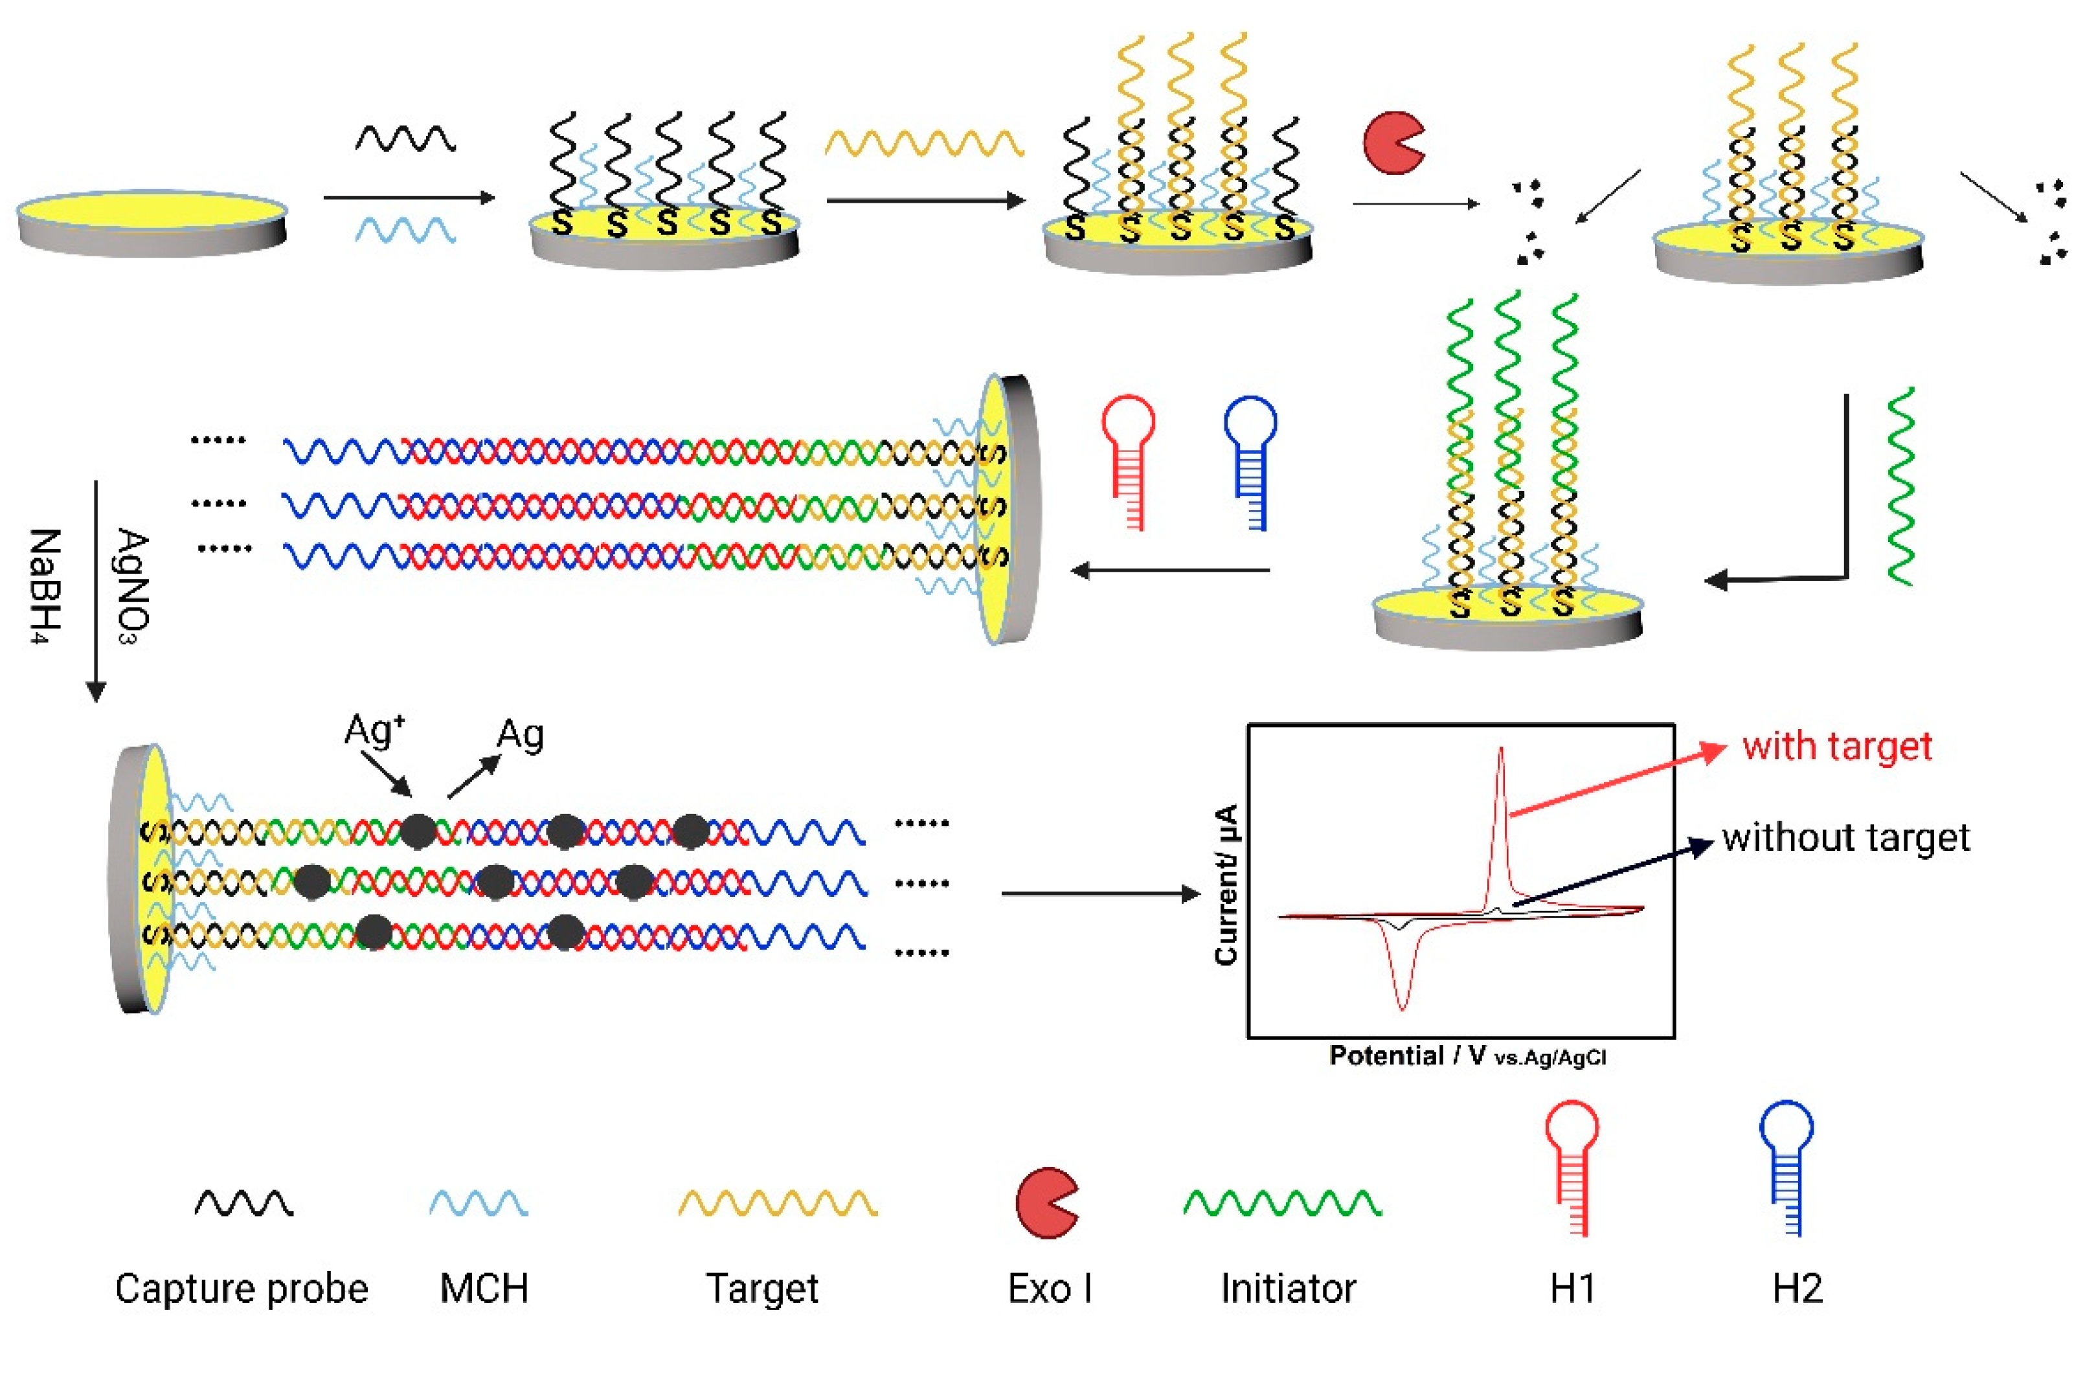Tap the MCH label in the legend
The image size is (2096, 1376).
[484, 1289]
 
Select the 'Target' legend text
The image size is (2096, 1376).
[763, 1289]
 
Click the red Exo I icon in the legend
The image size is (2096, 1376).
[1045, 1203]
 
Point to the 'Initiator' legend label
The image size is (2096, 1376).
[1287, 1289]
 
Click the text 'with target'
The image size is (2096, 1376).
[1836, 746]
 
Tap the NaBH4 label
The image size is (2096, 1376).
[44, 586]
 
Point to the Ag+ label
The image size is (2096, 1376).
[374, 730]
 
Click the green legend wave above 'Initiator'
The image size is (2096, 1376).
[1282, 1203]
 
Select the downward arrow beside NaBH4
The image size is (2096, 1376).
[95, 590]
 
